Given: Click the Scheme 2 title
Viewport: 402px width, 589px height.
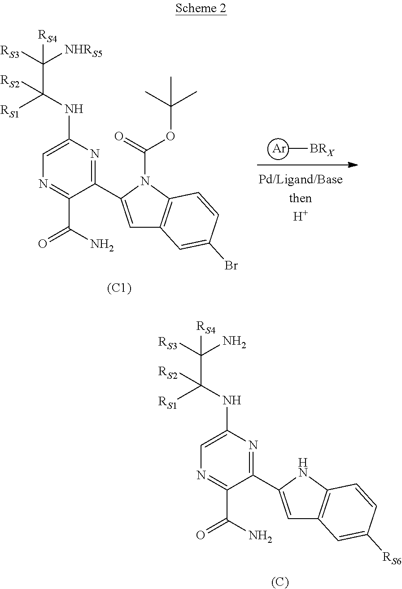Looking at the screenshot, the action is (201, 9).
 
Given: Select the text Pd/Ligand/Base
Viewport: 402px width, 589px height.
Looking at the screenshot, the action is (301, 180).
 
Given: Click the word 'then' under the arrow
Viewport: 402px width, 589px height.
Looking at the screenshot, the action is (300, 197).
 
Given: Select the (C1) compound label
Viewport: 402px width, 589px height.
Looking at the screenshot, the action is (119, 289).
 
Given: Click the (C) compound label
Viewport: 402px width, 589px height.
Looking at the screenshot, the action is (280, 582).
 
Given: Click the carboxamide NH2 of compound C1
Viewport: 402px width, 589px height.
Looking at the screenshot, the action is (101, 244).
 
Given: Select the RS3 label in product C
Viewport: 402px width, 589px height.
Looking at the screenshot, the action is (168, 343).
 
